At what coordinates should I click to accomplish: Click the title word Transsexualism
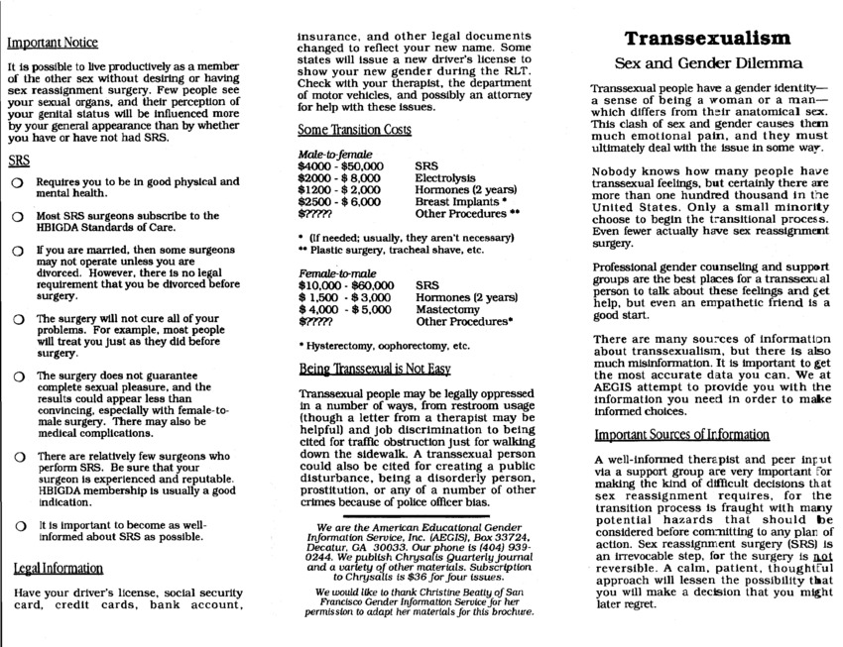pyautogui.click(x=707, y=39)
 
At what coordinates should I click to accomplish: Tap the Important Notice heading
pyautogui.click(x=53, y=43)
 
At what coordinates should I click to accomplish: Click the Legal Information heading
pyautogui.click(x=58, y=568)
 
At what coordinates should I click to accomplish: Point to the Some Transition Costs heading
pyautogui.click(x=354, y=130)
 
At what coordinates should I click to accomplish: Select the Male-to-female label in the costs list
pyautogui.click(x=334, y=156)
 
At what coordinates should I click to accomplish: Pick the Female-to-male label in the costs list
pyautogui.click(x=334, y=271)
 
